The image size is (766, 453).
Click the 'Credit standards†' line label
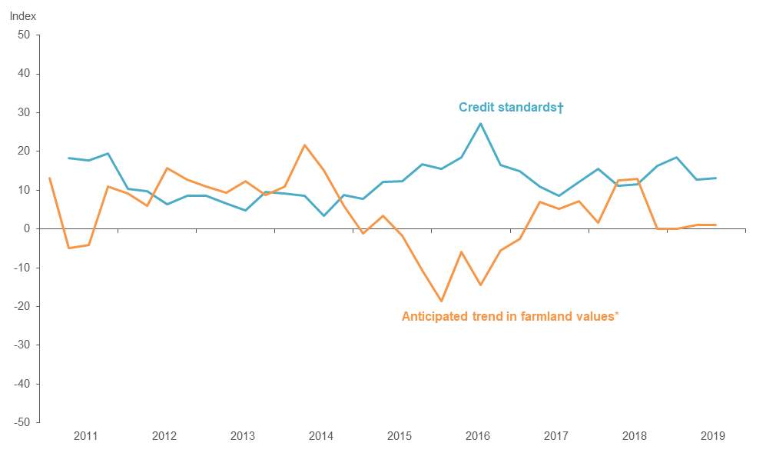[511, 108]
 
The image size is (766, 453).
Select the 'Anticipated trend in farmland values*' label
[510, 315]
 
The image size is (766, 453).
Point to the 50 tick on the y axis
[23, 35]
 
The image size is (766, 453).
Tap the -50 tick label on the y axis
[21, 422]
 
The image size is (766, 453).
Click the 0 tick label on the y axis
[26, 229]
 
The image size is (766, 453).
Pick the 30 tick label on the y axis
[23, 113]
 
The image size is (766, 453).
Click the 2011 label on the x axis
[86, 436]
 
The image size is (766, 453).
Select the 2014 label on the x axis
[321, 436]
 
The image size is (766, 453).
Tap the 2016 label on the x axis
[478, 436]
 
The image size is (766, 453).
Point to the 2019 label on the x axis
[713, 436]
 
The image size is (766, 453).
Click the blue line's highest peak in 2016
[481, 123]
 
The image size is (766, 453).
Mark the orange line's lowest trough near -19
[442, 301]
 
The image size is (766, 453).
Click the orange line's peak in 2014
[305, 145]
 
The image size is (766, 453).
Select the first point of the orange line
[49, 178]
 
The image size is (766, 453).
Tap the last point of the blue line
[716, 178]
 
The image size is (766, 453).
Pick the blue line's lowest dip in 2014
[324, 215]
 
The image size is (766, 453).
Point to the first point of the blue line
[69, 158]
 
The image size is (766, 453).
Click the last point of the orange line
[716, 225]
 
